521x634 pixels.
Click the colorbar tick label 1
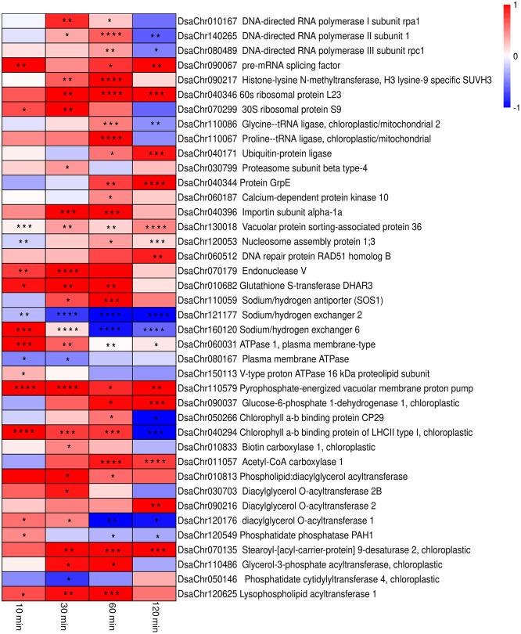click(511, 6)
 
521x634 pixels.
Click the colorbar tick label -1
click(509, 108)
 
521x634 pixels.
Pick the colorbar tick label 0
click(511, 57)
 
